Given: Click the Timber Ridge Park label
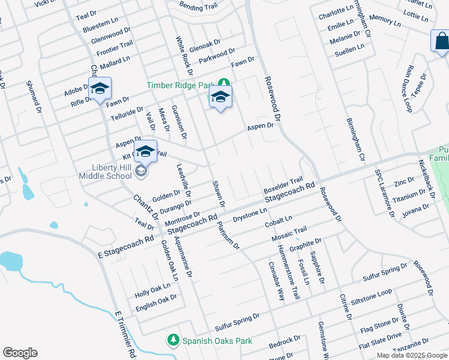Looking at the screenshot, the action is pyautogui.click(x=181, y=85).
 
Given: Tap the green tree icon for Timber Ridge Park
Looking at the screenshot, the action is pyautogui.click(x=223, y=83).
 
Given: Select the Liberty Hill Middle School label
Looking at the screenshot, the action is pyautogui.click(x=105, y=171).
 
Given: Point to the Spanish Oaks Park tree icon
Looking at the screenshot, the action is pyautogui.click(x=173, y=340).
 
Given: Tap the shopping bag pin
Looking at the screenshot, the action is pyautogui.click(x=440, y=41).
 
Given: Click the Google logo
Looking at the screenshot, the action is pyautogui.click(x=20, y=353).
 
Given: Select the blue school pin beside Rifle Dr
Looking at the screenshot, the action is pyautogui.click(x=100, y=89).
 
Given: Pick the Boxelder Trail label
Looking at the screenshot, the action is pyautogui.click(x=283, y=185).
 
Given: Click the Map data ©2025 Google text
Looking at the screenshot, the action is pyautogui.click(x=411, y=355).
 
